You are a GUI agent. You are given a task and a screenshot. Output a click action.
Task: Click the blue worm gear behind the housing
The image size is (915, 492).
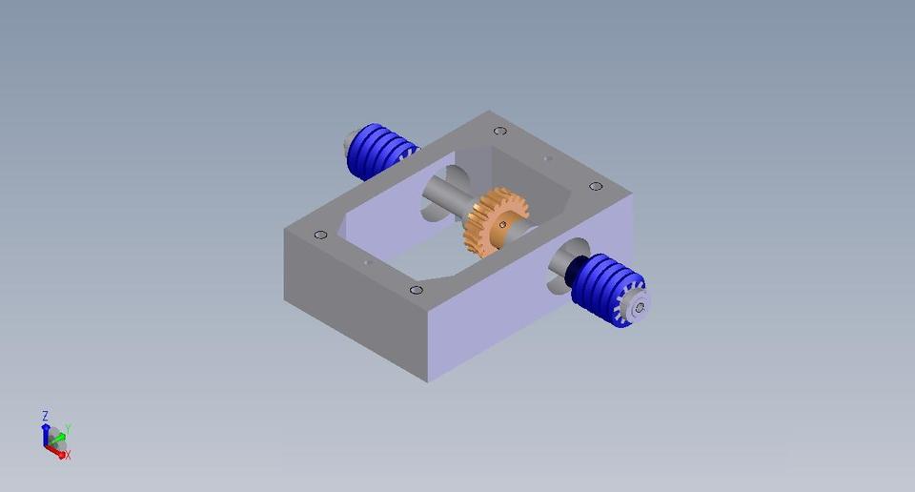tap(378, 152)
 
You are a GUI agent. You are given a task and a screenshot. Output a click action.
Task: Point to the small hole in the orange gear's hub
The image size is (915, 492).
tap(502, 225)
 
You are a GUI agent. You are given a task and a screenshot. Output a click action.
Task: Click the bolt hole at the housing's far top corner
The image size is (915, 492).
tap(499, 132)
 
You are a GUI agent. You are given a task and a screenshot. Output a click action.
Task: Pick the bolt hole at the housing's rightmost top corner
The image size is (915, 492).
tap(596, 187)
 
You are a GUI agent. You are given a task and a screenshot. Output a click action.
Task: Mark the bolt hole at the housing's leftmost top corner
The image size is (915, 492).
tap(320, 235)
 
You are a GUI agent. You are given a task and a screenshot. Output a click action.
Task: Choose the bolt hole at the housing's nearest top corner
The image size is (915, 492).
tap(416, 290)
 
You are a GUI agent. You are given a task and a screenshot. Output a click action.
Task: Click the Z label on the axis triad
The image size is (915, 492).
tap(45, 416)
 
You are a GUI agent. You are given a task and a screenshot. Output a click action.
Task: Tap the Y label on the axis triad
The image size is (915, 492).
tap(69, 430)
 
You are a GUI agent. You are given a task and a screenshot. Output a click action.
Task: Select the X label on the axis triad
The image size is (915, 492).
tap(68, 456)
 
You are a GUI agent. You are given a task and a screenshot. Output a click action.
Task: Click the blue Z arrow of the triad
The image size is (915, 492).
tap(45, 432)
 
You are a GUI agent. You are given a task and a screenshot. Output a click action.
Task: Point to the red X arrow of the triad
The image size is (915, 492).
tap(57, 452)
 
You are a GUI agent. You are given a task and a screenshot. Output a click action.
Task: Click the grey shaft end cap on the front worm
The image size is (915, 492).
tap(638, 307)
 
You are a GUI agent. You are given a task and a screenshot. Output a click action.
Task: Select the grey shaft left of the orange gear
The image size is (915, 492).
tap(444, 200)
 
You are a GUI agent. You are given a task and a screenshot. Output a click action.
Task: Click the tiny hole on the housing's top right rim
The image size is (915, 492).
tap(546, 158)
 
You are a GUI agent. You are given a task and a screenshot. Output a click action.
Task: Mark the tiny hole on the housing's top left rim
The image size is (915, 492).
tap(368, 262)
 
